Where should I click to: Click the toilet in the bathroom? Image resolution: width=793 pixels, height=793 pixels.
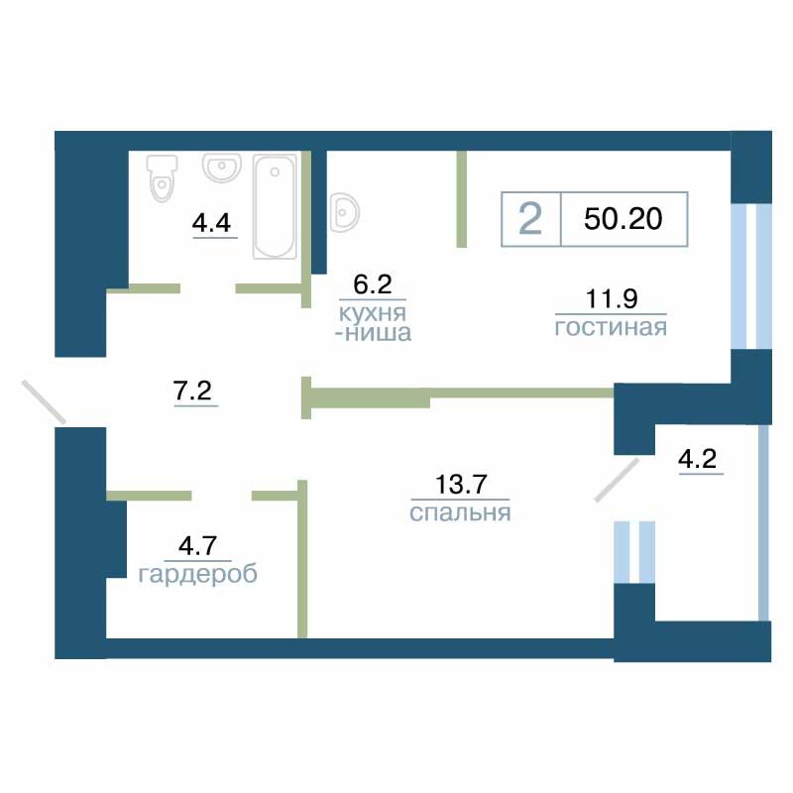point(162,178)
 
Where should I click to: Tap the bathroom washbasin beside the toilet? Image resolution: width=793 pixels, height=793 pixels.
point(221,168)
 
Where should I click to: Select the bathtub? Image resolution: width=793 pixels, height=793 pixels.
point(275,206)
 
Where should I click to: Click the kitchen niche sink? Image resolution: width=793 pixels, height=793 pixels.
point(345,212)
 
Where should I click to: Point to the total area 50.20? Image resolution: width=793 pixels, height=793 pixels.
point(623,219)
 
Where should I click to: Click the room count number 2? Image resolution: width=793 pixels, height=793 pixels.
point(530,219)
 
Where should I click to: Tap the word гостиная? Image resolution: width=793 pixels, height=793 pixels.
point(611,328)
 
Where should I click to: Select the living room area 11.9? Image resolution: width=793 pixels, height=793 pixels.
point(612,298)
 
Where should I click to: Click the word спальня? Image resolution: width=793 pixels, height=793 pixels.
point(460,512)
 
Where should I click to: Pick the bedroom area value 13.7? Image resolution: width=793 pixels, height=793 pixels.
point(461,484)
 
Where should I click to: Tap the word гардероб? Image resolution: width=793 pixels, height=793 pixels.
point(197,575)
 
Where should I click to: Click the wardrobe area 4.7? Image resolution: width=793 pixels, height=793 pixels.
point(197,546)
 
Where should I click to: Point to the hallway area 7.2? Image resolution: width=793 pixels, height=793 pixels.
point(192,391)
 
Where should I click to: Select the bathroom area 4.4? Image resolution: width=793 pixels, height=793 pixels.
point(211,223)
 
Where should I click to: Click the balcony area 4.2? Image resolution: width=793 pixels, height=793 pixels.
point(698,459)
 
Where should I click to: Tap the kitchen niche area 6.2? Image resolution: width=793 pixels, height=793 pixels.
point(373,284)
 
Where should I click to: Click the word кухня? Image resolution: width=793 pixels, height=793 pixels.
point(373,313)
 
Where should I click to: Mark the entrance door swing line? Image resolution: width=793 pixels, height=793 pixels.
point(44,402)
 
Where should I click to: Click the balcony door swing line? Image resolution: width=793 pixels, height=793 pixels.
point(617,480)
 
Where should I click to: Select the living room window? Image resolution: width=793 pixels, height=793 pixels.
point(751,277)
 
